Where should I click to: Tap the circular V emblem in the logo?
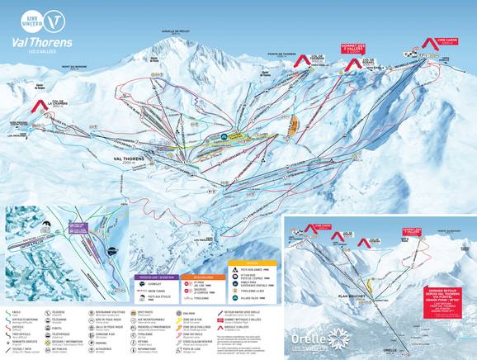[54, 18]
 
